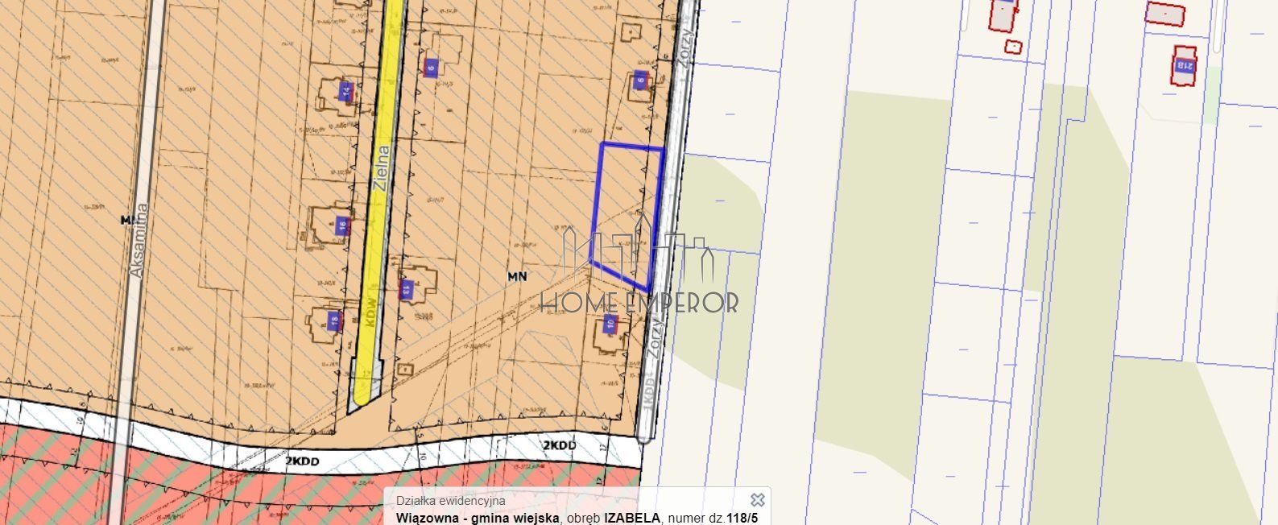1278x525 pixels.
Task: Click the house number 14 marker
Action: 346,91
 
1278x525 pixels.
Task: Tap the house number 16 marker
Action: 342,226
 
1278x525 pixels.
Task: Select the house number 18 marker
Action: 334,320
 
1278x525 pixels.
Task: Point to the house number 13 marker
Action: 406,288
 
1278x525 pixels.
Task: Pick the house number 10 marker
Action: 610,325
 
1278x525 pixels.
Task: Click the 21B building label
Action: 1184,64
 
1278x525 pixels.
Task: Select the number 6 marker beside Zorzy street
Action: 640,80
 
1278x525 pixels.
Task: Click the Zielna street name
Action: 382,167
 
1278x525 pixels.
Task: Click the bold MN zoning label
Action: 517,276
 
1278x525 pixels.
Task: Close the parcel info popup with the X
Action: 757,500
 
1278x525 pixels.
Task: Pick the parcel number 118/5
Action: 742,518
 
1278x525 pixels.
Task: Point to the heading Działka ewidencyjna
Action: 451,501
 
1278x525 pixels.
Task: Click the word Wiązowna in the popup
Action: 428,518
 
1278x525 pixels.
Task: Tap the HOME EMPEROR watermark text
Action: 639,303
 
